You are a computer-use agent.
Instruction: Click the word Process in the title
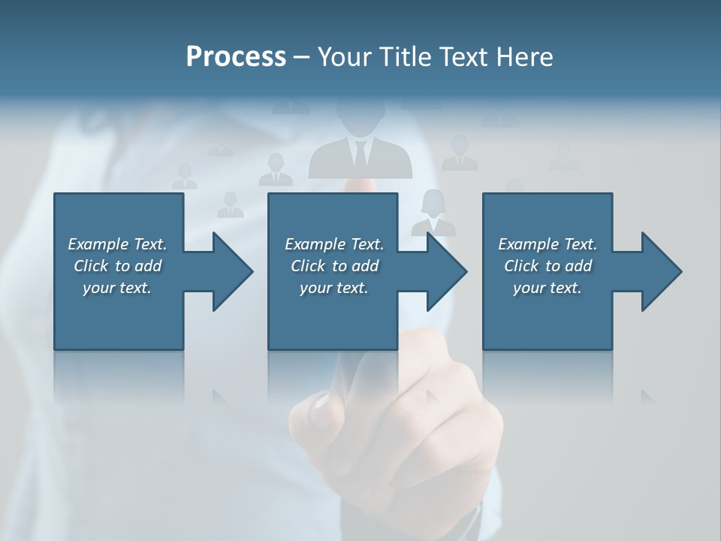pos(236,56)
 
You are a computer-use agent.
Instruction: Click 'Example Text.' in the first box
pos(117,244)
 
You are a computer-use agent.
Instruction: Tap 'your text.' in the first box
pos(117,288)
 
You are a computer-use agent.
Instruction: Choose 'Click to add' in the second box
pos(334,266)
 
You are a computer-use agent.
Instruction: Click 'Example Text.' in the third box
pos(548,244)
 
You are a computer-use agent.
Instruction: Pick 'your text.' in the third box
pos(548,288)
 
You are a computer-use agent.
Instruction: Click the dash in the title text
pos(301,56)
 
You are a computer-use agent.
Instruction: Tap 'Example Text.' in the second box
pos(334,244)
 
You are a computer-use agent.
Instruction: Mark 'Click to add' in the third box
pos(548,266)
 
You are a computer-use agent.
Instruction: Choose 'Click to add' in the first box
pos(117,266)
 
